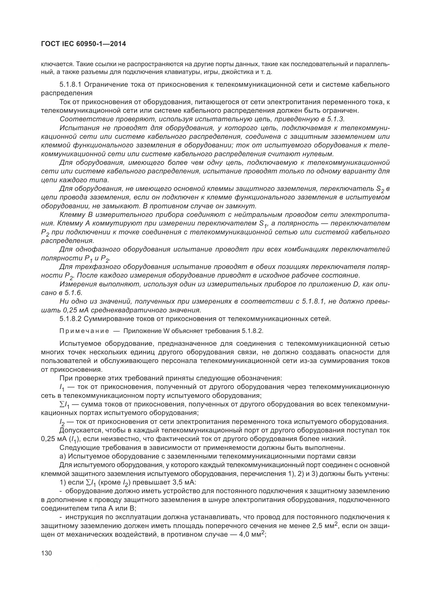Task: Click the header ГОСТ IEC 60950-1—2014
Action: tap(83, 44)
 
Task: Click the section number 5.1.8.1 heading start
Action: tap(71, 85)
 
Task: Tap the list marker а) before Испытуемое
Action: tap(63, 456)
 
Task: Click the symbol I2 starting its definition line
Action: tap(63, 422)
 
